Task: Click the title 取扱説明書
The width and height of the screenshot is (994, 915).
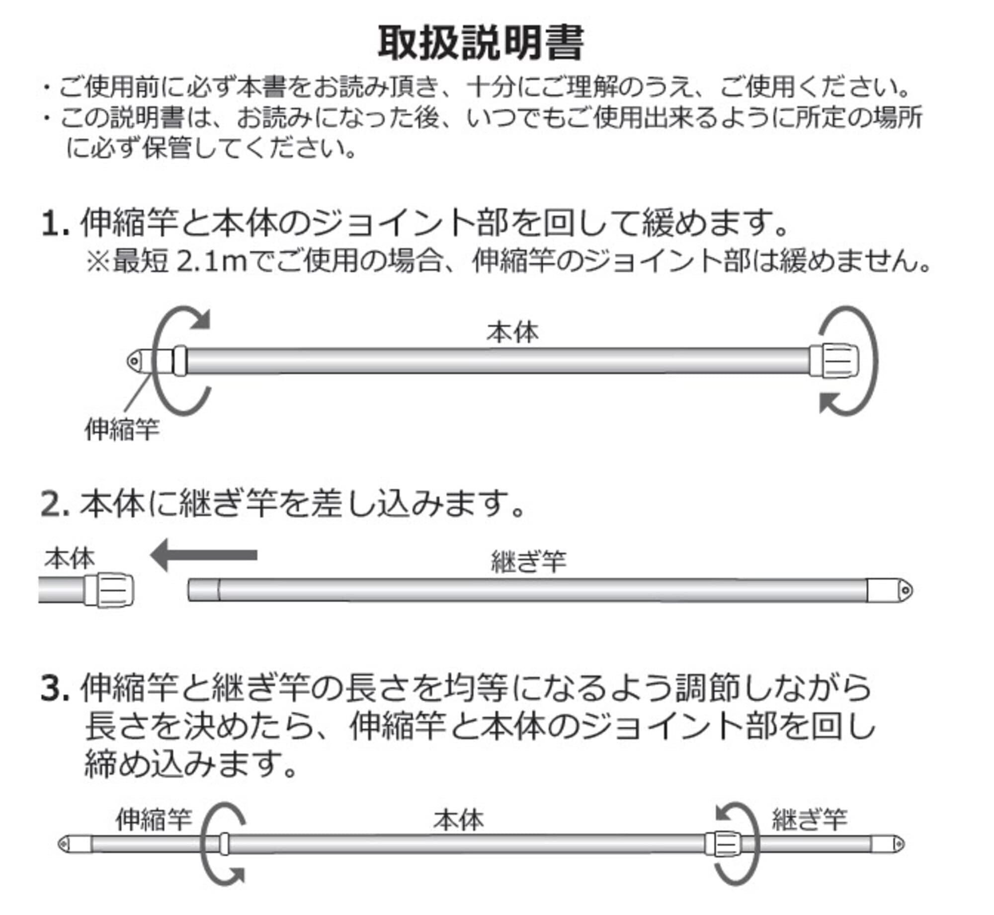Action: [480, 44]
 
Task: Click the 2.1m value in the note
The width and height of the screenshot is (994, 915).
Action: [212, 262]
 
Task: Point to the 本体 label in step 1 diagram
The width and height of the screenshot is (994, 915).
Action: [512, 332]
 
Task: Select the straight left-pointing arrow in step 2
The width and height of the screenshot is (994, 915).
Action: [204, 555]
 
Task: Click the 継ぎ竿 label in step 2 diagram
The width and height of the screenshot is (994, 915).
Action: [528, 562]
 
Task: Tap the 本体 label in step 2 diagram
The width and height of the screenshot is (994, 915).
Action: [69, 559]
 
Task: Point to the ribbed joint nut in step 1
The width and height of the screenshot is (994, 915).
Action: [834, 361]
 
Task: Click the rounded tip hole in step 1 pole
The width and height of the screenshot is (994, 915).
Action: [134, 361]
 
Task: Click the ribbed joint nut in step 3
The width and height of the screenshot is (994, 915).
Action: [723, 844]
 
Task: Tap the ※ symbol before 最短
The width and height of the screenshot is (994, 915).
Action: [98, 262]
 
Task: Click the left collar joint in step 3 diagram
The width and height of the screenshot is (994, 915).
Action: [224, 844]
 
